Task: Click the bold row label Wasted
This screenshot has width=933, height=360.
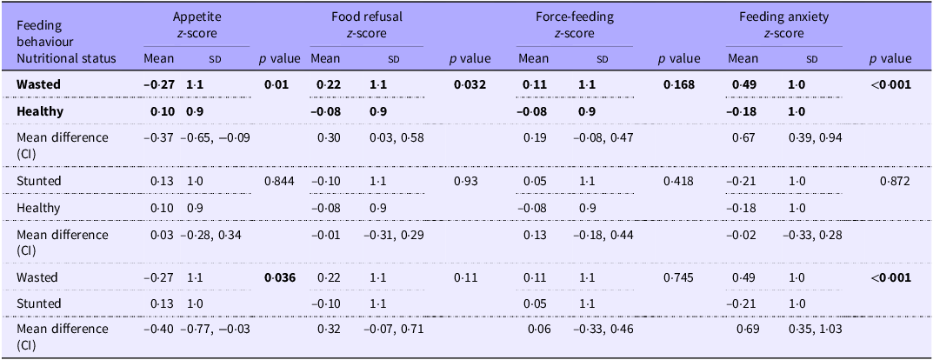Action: pyautogui.click(x=41, y=85)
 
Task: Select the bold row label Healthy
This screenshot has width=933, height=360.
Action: pyautogui.click(x=42, y=112)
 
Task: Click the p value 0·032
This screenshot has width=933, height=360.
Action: pyautogui.click(x=470, y=85)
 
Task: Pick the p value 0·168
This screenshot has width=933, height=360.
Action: pyautogui.click(x=679, y=85)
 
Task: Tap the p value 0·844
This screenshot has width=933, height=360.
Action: pyautogui.click(x=279, y=181)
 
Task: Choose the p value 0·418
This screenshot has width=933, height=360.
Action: pyautogui.click(x=679, y=181)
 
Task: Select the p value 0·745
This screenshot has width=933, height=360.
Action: pyautogui.click(x=679, y=277)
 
